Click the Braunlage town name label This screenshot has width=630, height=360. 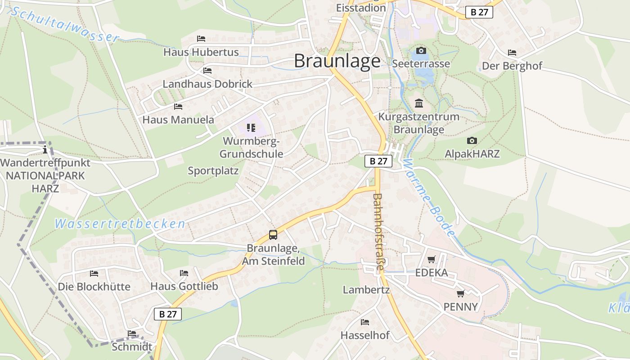[x=337, y=61]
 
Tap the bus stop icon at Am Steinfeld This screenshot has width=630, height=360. [x=273, y=234]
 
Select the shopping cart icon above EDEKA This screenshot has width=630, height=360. [x=432, y=259]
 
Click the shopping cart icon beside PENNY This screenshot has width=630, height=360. [x=460, y=294]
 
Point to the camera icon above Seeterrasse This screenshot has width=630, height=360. [x=421, y=50]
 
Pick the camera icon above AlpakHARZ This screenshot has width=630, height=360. [x=472, y=141]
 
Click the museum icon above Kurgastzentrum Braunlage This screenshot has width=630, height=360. [x=419, y=103]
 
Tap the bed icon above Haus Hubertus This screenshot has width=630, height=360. [x=201, y=39]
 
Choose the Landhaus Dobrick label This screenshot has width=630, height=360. [x=207, y=84]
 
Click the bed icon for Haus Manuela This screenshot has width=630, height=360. [x=178, y=107]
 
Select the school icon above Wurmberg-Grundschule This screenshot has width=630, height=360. [x=251, y=128]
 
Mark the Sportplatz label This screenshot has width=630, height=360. [x=213, y=171]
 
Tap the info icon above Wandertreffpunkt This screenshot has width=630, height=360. [x=45, y=149]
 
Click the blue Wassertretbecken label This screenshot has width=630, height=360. [x=120, y=223]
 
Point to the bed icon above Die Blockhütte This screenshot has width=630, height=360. [x=94, y=273]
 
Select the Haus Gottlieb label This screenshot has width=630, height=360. [x=184, y=286]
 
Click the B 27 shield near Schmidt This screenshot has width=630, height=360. [x=168, y=314]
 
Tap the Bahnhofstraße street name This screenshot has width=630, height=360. [x=378, y=232]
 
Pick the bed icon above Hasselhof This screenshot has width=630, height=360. [x=365, y=322]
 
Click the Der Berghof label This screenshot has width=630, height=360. [x=512, y=66]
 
